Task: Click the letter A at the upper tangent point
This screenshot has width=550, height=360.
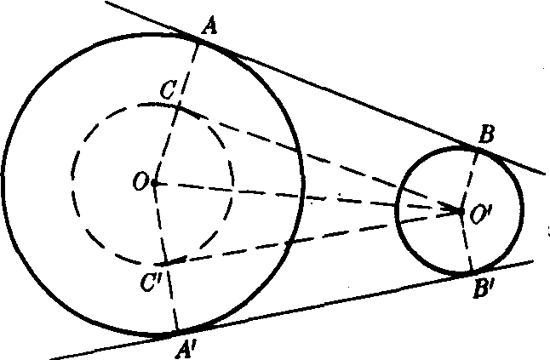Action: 209,27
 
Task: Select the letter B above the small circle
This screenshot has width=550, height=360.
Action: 486,135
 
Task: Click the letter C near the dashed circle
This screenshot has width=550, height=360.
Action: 168,90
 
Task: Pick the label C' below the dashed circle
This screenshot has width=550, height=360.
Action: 152,283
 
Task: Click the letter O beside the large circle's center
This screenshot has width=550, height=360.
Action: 140,183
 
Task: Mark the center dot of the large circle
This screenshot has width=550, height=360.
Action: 155,183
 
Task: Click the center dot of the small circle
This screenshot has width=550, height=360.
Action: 461,211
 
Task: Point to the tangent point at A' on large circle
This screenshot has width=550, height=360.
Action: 178,331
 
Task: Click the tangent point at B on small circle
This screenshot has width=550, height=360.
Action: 478,149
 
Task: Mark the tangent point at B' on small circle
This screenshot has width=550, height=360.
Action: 472,271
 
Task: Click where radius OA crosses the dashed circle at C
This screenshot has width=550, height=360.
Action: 178,107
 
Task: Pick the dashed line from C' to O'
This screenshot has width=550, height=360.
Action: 313,237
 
